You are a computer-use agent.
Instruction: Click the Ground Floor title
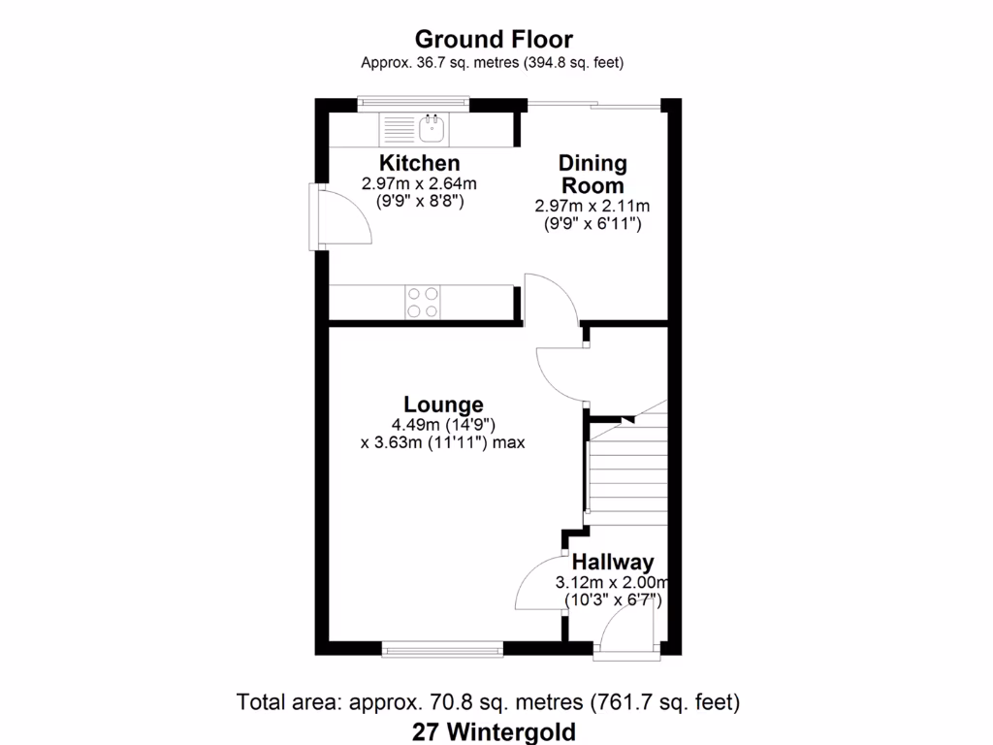493,40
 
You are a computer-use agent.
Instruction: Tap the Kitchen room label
419,163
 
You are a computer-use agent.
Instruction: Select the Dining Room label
592,175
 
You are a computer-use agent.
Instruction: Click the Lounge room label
443,405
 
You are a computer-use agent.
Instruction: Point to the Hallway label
612,562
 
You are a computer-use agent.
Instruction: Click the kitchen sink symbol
431,126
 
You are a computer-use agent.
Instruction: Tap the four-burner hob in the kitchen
422,301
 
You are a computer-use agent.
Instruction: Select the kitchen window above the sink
413,100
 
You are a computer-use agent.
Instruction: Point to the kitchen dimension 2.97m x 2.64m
419,183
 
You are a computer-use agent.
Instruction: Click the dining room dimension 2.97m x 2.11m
592,206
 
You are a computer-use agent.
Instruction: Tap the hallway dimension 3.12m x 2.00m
612,583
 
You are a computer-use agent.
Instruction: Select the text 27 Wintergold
493,730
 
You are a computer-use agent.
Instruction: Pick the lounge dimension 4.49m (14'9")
443,424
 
